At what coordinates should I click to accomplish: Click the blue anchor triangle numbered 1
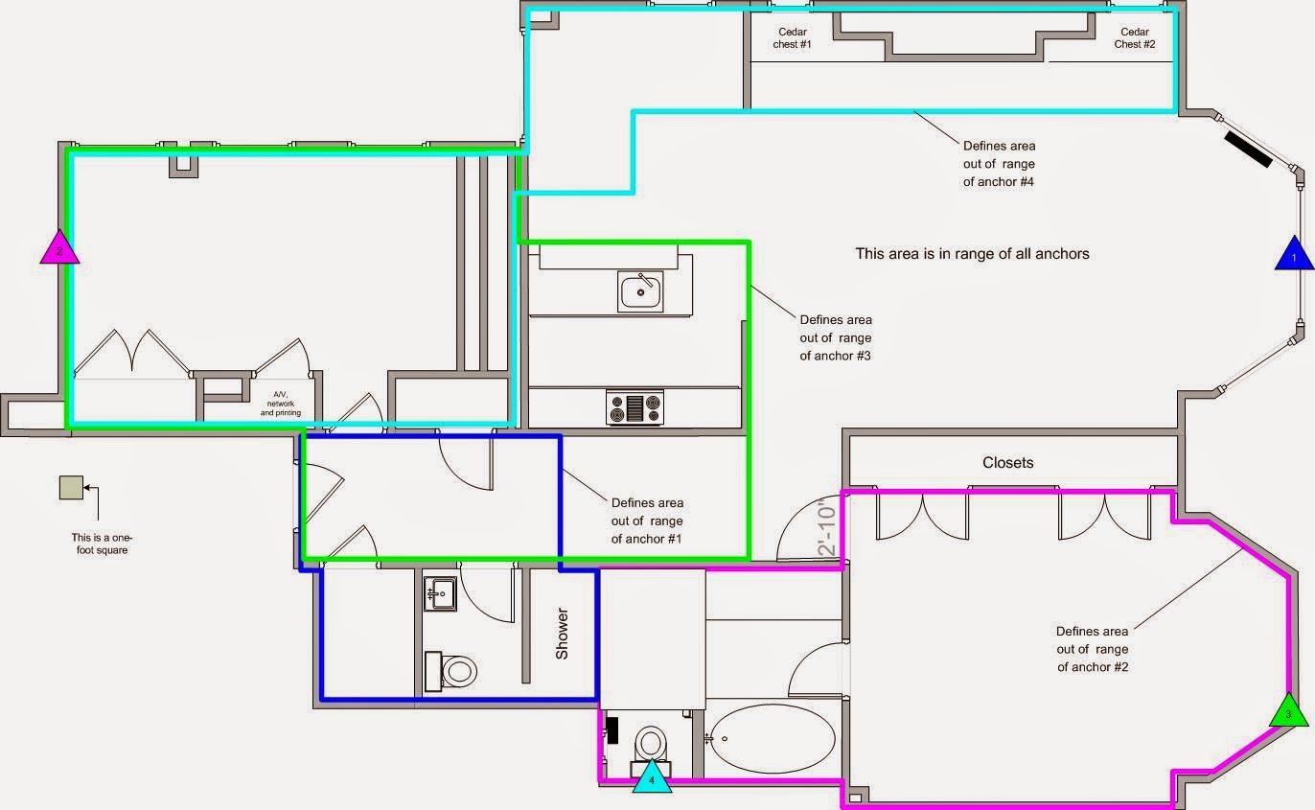[x=1294, y=254]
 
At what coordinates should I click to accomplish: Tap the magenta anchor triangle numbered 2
[x=59, y=247]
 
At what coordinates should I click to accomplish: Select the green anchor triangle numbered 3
[x=1288, y=711]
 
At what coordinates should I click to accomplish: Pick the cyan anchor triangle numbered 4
[x=652, y=777]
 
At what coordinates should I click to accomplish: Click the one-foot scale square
[x=71, y=487]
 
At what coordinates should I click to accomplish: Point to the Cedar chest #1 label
[x=792, y=38]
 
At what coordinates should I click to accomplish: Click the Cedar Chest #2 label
[x=1134, y=38]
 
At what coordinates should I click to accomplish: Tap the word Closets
[x=1007, y=463]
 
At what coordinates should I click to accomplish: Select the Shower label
[x=562, y=634]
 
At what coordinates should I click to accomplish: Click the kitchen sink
[x=640, y=291]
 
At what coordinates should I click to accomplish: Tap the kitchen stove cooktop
[x=634, y=407]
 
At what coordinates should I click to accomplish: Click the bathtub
[x=772, y=739]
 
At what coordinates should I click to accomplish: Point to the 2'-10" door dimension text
[x=826, y=526]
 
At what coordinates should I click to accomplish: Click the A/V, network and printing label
[x=281, y=404]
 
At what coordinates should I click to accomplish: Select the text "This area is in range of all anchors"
[x=972, y=254]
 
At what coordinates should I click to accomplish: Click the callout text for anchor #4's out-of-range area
[x=999, y=164]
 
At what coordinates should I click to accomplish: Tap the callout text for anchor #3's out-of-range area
[x=836, y=337]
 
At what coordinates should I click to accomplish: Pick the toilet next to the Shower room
[x=450, y=671]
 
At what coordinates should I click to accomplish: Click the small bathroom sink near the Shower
[x=440, y=594]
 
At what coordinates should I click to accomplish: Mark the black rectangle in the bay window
[x=1249, y=150]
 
